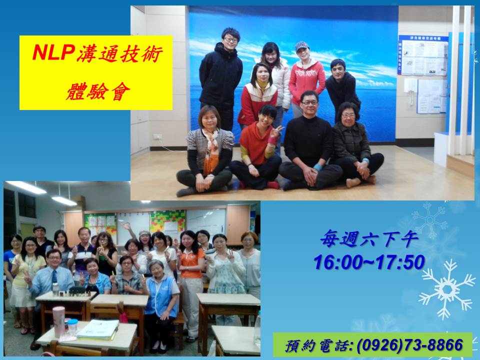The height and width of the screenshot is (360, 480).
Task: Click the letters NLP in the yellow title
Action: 53,52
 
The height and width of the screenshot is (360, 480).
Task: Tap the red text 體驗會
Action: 98,91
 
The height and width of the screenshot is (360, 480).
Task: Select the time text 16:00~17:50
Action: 369,262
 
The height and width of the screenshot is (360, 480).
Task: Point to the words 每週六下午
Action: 369,239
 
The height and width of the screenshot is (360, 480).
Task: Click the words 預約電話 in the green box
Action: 316,346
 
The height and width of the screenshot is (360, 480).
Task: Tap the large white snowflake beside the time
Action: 446,288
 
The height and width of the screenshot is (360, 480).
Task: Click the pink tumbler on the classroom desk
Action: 58,321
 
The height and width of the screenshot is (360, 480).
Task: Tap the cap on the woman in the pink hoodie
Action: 302,46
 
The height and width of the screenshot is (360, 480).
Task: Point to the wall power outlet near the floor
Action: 157,136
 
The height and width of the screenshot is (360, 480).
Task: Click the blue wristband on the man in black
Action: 318,167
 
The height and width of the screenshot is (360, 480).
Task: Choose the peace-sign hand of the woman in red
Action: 276,131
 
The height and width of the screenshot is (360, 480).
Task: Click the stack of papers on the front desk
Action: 98,329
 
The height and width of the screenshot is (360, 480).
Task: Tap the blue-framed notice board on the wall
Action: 423,55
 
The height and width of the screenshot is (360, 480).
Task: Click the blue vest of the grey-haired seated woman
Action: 161,295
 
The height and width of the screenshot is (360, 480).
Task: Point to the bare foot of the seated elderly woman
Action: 353,182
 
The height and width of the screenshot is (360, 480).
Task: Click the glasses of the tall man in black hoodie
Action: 231,39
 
